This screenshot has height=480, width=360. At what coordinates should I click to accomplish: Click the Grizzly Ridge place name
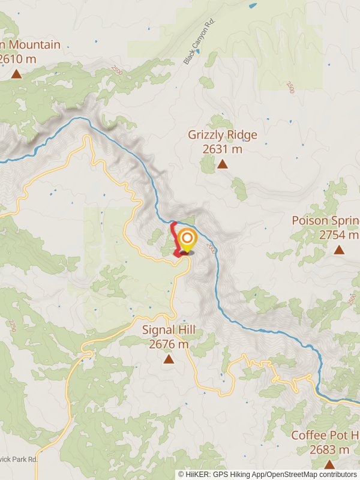point(222,135)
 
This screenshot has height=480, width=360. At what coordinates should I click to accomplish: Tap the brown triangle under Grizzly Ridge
point(223,164)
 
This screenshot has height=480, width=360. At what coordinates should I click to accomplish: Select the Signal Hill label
point(169,331)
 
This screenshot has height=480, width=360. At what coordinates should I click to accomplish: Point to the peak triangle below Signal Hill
point(169,359)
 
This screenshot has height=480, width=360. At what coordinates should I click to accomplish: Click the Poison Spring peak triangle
point(339,250)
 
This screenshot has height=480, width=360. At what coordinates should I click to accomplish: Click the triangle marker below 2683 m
point(329,464)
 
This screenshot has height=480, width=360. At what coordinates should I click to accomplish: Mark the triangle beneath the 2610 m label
point(16,74)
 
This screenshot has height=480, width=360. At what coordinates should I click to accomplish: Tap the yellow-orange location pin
point(187,239)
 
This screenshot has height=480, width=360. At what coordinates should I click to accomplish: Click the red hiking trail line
point(175,237)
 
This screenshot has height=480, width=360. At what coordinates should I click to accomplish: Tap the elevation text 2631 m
point(222,149)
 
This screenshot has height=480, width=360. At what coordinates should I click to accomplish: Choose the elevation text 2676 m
point(169,345)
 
